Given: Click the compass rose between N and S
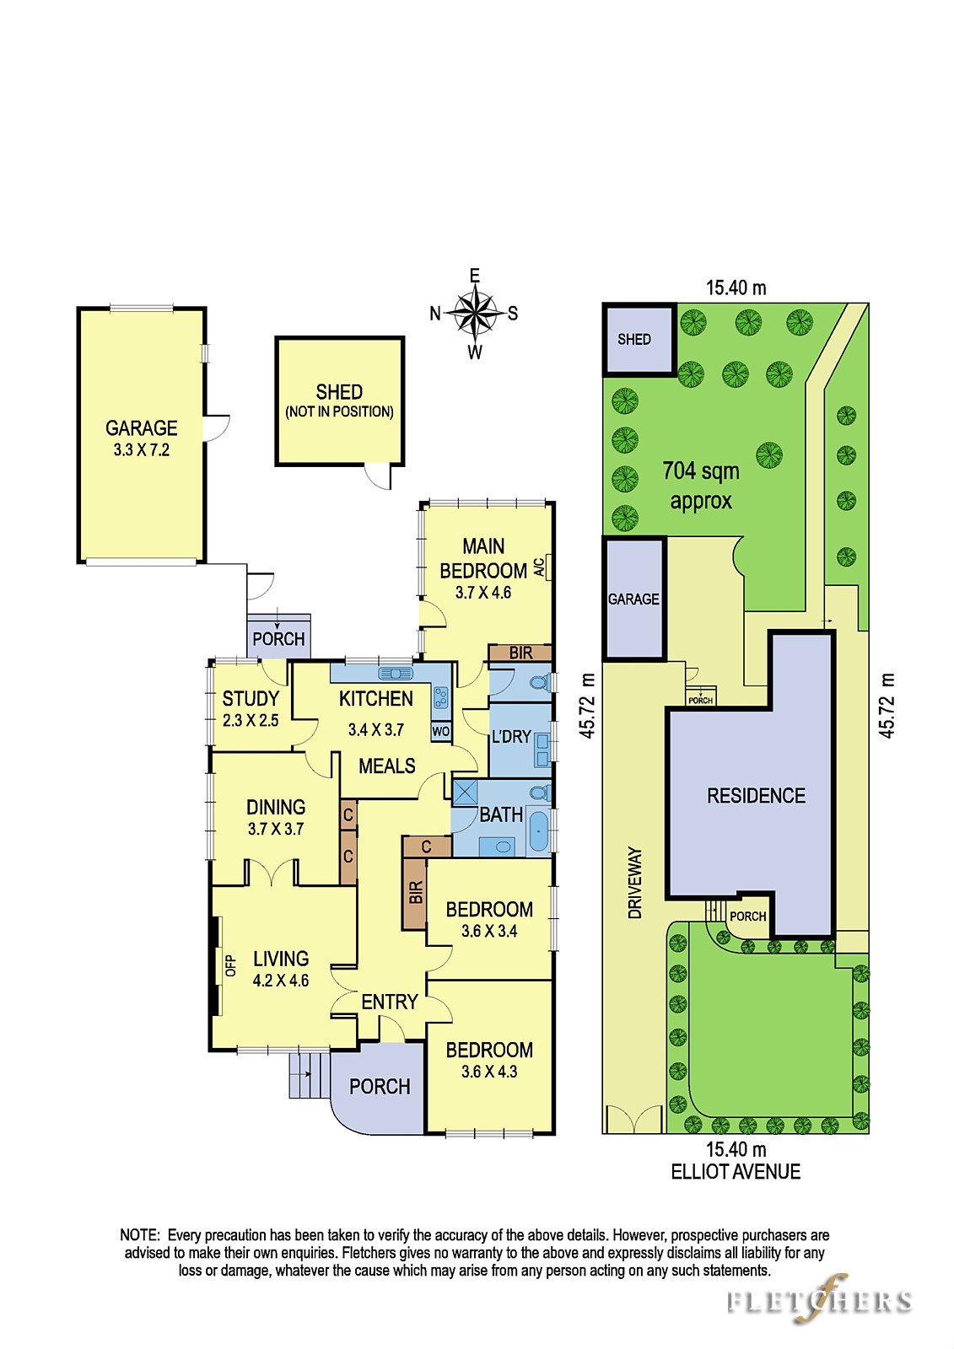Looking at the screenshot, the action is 476,313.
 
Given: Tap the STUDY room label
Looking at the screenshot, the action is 251,699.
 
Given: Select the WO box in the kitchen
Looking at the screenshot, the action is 440,731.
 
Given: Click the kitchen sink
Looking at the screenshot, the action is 396,673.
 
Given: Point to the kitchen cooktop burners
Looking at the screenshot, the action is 440,697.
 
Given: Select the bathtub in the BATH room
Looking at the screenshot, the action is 538,831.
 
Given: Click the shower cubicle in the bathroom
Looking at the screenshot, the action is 465,792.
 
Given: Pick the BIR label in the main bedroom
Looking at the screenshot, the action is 520,653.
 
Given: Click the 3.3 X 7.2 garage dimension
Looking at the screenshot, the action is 142,450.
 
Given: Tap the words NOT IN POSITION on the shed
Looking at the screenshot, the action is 339,412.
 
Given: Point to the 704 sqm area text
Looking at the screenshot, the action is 701,470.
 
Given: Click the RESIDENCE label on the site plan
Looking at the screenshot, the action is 756,796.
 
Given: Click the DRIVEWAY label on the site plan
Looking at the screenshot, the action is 635,883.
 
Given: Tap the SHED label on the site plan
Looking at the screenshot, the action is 634,339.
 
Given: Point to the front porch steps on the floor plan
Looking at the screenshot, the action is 310,1074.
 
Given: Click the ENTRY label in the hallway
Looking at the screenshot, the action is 390,1002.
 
